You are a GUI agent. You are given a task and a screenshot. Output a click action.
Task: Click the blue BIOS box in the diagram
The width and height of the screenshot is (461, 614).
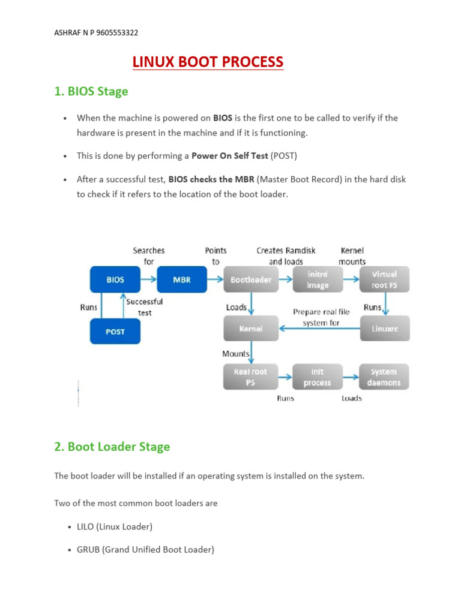click(x=115, y=279)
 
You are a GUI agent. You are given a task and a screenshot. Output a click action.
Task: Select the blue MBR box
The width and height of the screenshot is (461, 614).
click(x=181, y=279)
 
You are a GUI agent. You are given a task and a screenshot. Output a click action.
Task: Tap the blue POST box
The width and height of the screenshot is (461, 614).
click(x=115, y=331)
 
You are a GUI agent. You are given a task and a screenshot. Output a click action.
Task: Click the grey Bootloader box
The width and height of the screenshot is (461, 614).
click(x=251, y=279)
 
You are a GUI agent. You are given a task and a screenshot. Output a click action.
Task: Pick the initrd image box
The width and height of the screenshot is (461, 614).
click(x=318, y=279)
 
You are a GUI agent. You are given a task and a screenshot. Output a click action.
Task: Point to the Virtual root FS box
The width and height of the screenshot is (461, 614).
click(x=384, y=279)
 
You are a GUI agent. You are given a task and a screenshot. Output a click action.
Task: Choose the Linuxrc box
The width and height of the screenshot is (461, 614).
click(x=384, y=329)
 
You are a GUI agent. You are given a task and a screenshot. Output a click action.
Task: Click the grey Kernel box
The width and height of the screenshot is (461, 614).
click(x=251, y=329)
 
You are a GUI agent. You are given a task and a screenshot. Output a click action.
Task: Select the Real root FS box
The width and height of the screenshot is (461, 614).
click(x=251, y=377)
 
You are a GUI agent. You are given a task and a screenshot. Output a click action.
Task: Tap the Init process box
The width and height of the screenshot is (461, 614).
click(x=318, y=377)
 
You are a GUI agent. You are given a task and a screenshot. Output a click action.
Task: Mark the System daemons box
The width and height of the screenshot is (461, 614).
click(x=384, y=377)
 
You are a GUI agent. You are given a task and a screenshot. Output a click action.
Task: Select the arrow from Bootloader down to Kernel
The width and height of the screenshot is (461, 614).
click(x=251, y=304)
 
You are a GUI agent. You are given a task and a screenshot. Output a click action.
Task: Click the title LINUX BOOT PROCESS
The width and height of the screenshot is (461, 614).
click(x=208, y=62)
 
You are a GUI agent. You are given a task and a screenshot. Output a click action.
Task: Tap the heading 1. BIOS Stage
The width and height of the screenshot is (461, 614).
click(x=91, y=92)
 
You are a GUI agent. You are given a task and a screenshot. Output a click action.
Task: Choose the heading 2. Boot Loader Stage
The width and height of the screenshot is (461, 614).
click(x=112, y=447)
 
